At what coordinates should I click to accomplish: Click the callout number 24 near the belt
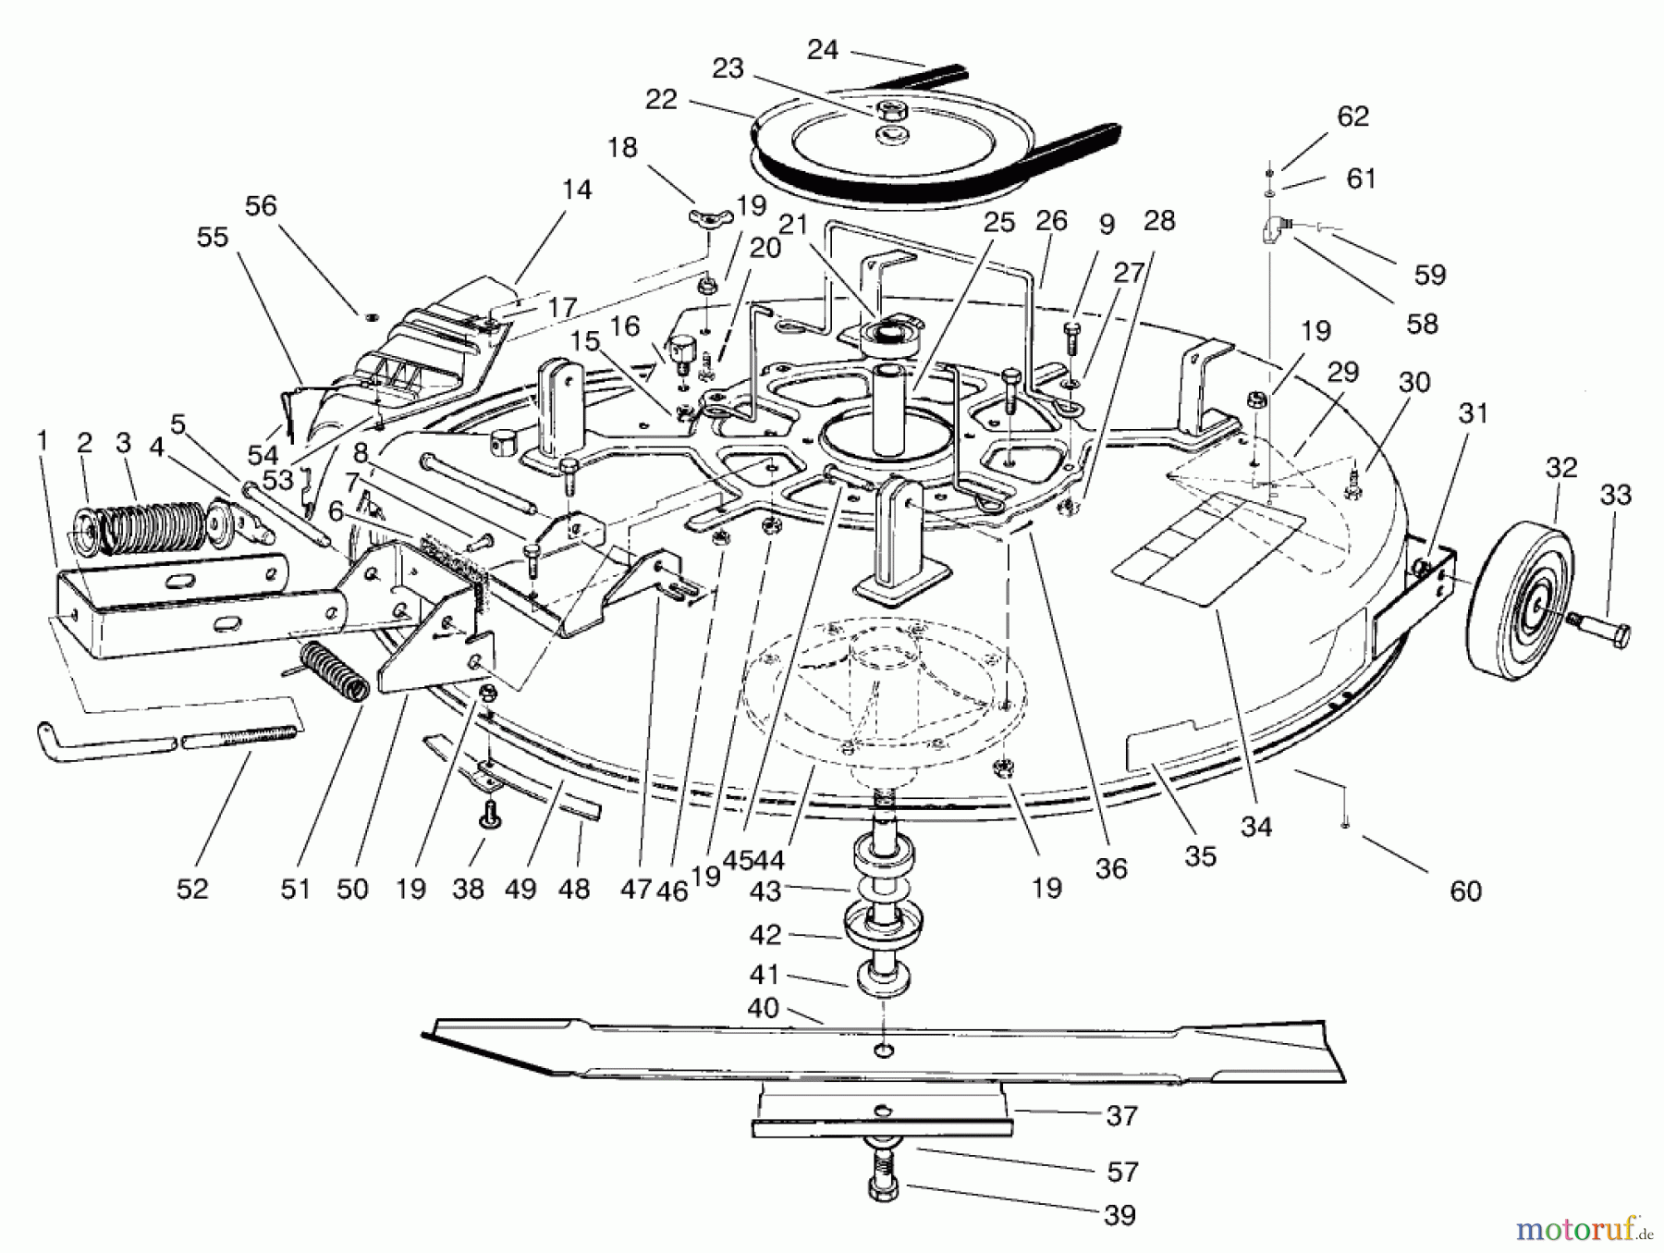[822, 50]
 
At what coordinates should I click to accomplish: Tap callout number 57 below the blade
[1121, 1173]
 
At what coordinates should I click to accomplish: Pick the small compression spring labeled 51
[336, 670]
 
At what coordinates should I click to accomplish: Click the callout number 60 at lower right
[1465, 891]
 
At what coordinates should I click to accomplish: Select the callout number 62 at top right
[1352, 117]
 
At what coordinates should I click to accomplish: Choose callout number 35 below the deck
[1200, 856]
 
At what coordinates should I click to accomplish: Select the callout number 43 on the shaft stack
[765, 891]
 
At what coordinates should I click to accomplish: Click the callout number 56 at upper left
[261, 205]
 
